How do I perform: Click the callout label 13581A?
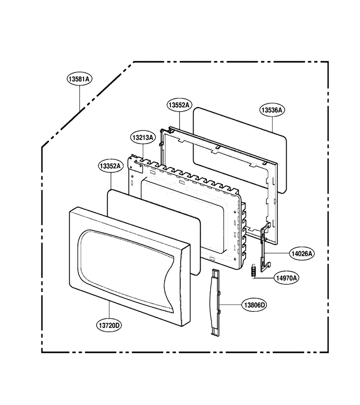pos(80,79)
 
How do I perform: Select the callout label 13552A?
pos(179,105)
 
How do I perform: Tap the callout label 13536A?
pos(272,110)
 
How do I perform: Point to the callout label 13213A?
pos(143,138)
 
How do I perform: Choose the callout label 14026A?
pos(301,254)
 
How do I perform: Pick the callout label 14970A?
pos(286,278)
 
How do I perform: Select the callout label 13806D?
pos(254,305)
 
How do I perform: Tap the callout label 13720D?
pos(109,325)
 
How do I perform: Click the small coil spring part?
pos(254,271)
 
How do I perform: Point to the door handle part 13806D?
pos(216,302)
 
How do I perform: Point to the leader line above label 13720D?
pos(109,310)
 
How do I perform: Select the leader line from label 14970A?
pos(265,278)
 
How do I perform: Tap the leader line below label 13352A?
pos(111,181)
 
